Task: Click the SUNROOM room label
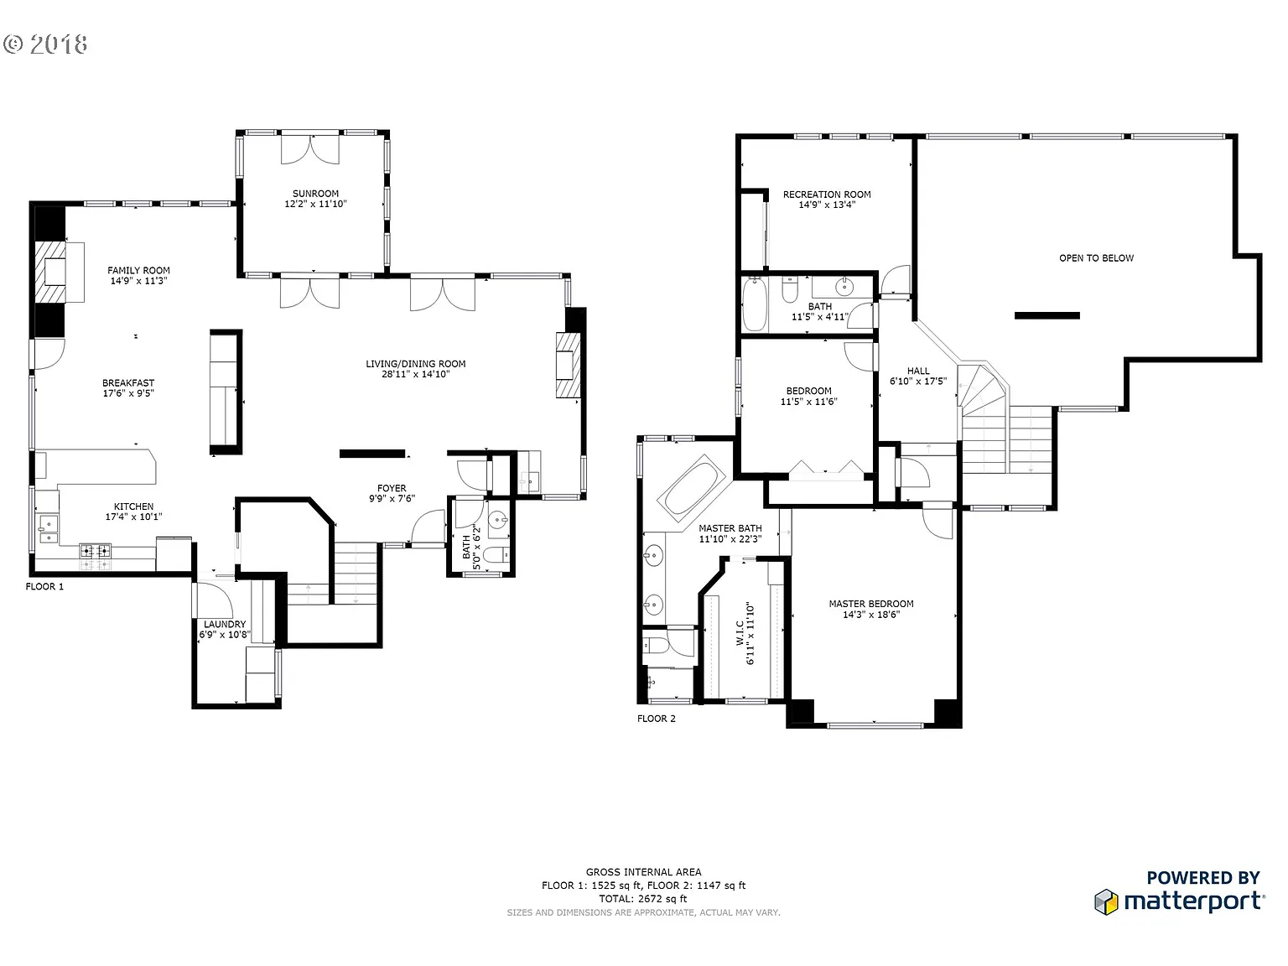315,194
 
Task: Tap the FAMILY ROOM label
138,270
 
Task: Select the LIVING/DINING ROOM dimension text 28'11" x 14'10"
416,374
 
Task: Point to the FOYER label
392,488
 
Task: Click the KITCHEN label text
134,506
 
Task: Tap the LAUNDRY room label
225,624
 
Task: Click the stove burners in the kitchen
95,551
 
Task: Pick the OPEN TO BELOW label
1096,258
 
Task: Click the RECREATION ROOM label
827,195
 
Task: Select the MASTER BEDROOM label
871,604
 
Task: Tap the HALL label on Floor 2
918,371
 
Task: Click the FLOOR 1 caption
44,587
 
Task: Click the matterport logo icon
1107,902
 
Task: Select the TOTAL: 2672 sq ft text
643,899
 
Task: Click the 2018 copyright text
46,44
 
